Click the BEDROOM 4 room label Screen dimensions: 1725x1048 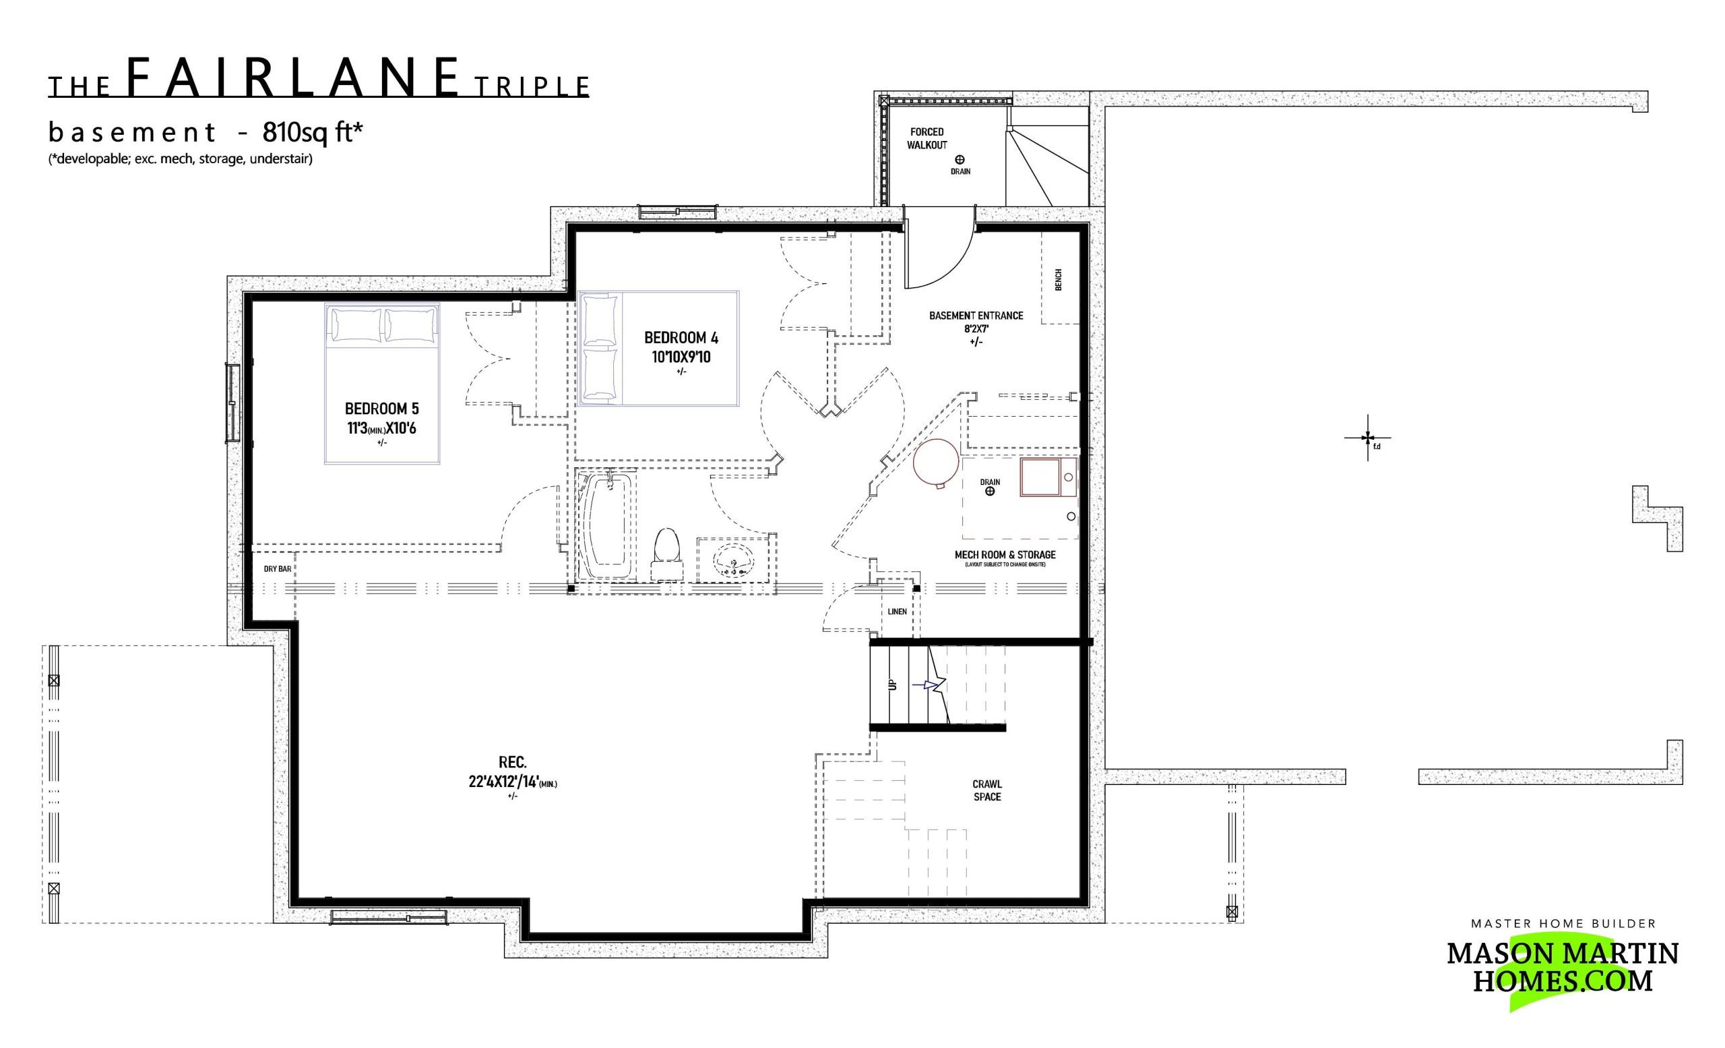click(x=681, y=338)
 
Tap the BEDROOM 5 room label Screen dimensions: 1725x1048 click(x=381, y=409)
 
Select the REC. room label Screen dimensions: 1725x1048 click(x=513, y=762)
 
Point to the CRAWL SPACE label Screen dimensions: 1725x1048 click(x=987, y=791)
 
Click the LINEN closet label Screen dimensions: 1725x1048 click(x=897, y=612)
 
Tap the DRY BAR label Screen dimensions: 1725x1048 click(x=277, y=569)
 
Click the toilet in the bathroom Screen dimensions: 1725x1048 click(x=667, y=554)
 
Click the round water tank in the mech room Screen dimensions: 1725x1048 click(x=936, y=463)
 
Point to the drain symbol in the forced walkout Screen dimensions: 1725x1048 click(x=960, y=160)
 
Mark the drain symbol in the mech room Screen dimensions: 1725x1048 click(x=990, y=492)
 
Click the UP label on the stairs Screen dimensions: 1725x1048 click(x=892, y=685)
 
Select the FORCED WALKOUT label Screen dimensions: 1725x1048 click(x=927, y=138)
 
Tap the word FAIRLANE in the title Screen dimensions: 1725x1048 click(x=294, y=78)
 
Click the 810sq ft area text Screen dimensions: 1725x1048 click(x=313, y=132)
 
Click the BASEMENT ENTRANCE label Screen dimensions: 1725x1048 click(x=976, y=316)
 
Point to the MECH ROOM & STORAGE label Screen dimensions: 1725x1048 click(x=1005, y=555)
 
